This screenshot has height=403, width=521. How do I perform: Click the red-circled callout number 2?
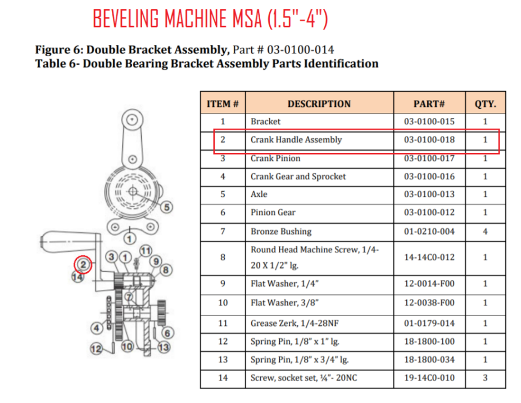coord(83,265)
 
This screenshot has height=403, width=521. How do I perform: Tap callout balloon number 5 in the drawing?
coord(167,207)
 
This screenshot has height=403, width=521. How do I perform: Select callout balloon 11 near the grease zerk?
coord(146,251)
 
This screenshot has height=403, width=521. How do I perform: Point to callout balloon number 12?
coord(96,349)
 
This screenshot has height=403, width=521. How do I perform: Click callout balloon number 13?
coord(164,347)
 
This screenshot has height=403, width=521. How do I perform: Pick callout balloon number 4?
coord(96,328)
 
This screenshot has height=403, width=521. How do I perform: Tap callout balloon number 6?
coord(167,333)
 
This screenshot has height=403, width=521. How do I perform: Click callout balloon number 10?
coord(127,347)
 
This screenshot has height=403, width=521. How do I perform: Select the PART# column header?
coord(429,104)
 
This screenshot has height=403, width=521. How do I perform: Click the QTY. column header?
coord(485,104)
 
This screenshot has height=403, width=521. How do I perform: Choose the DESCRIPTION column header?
coord(319,104)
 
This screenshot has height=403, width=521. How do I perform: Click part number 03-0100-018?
coord(429,139)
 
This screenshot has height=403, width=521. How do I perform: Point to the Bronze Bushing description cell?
coord(281,231)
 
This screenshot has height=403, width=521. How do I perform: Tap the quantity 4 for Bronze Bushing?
coord(485,231)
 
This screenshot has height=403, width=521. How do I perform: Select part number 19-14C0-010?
coord(429,378)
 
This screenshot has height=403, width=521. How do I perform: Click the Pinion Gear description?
coord(273,212)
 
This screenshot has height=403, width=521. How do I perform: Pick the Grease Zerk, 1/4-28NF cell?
coord(295,323)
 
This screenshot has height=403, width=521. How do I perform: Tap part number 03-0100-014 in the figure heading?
coord(301,49)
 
